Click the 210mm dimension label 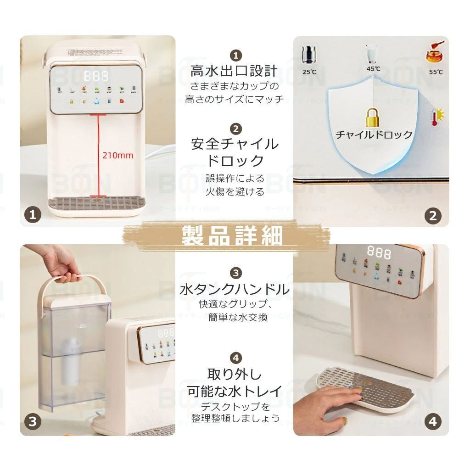point(118,155)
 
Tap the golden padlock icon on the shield point(374,117)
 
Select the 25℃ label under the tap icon point(309,72)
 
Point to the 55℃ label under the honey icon point(436,72)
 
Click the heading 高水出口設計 point(234,71)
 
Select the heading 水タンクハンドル point(235,289)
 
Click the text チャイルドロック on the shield point(374,134)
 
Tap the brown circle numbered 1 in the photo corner point(33,213)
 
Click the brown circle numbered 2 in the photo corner point(432,215)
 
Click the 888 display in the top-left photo point(96,75)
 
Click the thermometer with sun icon point(436,118)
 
